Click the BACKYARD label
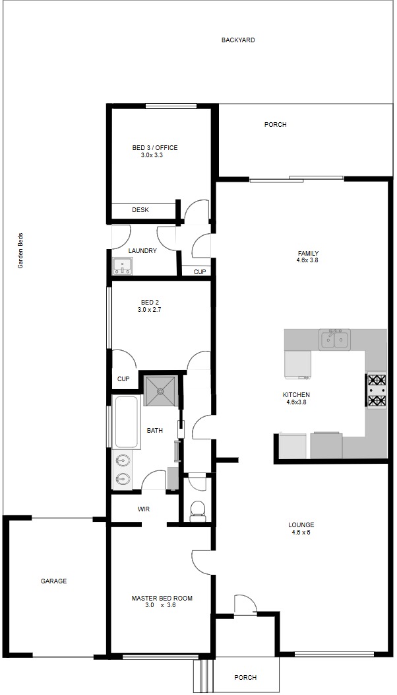238,40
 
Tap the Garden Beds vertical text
20,251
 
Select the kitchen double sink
334,340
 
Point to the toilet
197,511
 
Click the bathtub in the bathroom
129,422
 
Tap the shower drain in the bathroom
160,391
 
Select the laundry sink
122,266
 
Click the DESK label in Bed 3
140,210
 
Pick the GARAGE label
53,581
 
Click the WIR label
143,509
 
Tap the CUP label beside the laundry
200,272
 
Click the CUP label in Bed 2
123,379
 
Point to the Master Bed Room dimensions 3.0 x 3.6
160,604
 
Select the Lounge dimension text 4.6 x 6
301,532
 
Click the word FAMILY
308,254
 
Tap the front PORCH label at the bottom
245,677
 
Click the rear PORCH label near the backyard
275,125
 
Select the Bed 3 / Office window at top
171,106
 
